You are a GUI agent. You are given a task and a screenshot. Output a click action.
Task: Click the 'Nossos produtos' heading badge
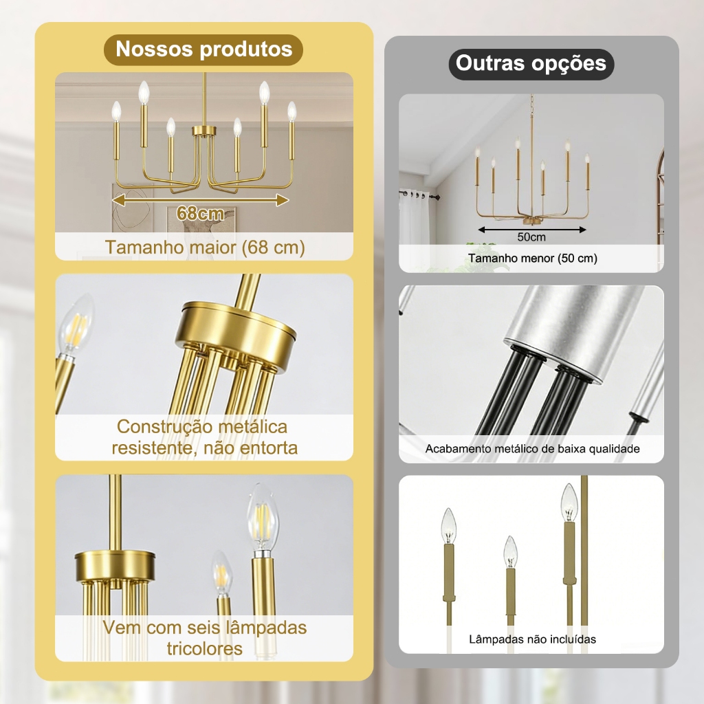203,49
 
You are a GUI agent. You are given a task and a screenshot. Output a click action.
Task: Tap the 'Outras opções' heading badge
531,64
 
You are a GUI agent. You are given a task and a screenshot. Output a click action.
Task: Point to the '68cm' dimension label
200,213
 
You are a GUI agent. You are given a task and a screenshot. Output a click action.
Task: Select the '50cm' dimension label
531,237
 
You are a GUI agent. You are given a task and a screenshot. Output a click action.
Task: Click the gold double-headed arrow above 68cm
200,200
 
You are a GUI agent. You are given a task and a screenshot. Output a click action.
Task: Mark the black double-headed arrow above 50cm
532,230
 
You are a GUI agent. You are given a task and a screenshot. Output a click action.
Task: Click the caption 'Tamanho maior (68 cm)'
205,247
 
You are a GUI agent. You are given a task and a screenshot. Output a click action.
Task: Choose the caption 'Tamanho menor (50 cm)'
533,258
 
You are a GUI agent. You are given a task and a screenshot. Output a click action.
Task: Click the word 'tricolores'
205,648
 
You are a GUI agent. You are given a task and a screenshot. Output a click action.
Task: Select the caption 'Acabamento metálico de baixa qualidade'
533,448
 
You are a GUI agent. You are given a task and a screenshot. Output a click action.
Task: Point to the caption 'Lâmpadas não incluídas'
533,639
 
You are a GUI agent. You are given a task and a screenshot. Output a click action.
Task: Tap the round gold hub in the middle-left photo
236,325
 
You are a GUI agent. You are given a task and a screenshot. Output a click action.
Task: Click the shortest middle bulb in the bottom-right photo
511,551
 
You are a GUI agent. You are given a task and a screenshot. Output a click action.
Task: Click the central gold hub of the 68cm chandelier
204,131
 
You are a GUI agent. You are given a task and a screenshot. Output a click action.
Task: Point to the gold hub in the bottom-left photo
115,564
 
